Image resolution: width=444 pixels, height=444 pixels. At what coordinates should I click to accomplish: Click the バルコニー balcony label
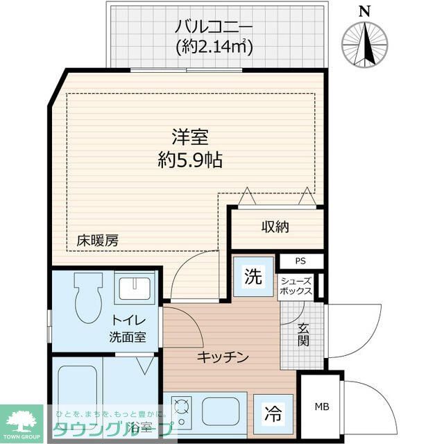click(x=212, y=28)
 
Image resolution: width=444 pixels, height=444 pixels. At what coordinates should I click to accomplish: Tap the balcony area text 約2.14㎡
click(x=212, y=46)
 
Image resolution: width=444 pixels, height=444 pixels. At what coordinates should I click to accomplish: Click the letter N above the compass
click(x=365, y=10)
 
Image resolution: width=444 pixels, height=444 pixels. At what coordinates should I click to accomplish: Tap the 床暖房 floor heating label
click(x=97, y=241)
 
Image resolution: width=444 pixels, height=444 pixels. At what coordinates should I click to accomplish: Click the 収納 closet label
click(x=275, y=227)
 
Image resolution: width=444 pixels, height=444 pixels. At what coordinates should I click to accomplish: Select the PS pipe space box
click(x=300, y=262)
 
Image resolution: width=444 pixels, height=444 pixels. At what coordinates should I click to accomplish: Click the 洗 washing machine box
click(x=253, y=276)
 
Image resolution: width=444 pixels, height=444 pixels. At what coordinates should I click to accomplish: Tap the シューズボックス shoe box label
click(x=296, y=286)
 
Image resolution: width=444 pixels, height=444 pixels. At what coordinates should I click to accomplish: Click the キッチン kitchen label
click(x=222, y=357)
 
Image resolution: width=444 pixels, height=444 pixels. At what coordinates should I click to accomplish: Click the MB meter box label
click(x=321, y=407)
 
